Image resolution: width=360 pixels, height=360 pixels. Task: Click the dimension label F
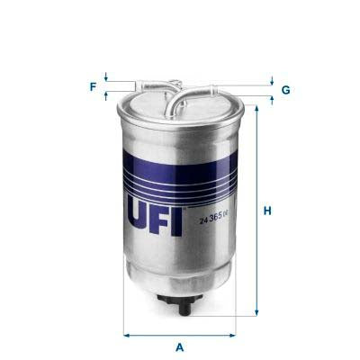click(x=92, y=87)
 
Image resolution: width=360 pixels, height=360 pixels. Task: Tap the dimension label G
click(x=285, y=90)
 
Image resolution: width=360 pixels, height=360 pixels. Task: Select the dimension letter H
click(x=267, y=211)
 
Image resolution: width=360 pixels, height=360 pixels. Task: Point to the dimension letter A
click(x=180, y=346)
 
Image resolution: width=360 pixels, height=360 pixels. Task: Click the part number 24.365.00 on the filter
click(x=213, y=213)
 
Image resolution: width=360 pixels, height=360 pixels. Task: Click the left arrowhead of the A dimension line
click(x=125, y=335)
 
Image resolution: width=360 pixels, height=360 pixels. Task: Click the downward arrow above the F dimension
click(x=106, y=78)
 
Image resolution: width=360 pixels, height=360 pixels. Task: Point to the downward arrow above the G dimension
click(x=271, y=80)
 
